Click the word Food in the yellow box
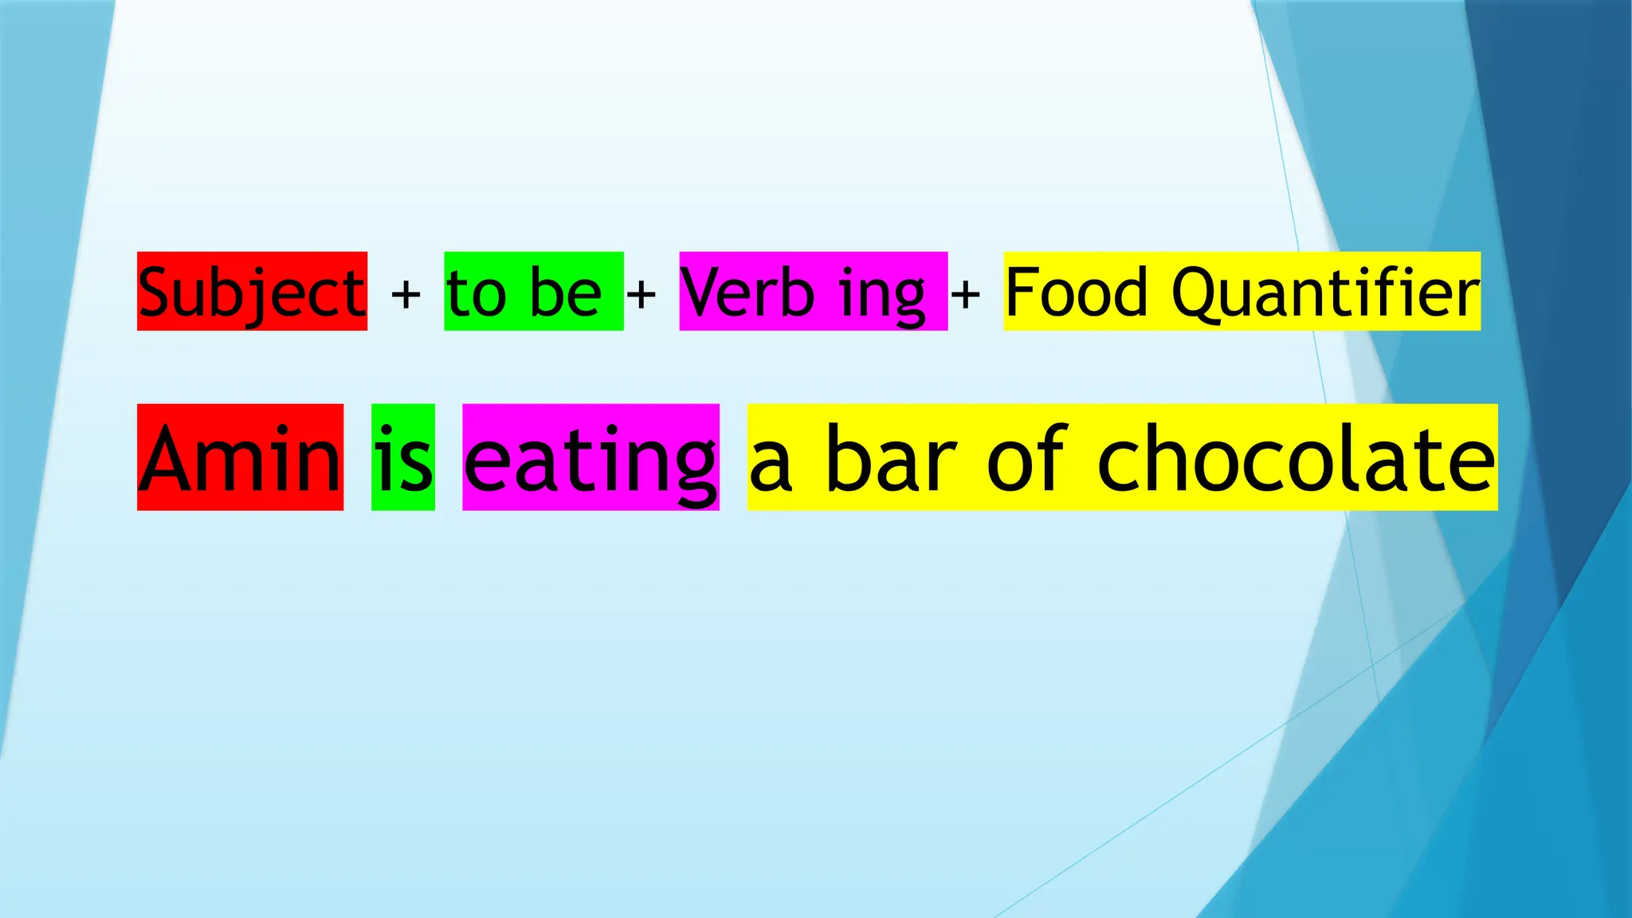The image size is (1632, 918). tap(1076, 292)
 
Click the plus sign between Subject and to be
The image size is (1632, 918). tap(406, 295)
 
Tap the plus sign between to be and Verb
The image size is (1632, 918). tap(641, 295)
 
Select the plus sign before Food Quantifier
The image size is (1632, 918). tap(965, 295)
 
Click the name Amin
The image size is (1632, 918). tap(240, 458)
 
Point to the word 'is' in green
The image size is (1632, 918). tap(403, 458)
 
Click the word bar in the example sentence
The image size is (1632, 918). tap(891, 458)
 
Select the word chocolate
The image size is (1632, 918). tap(1296, 458)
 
